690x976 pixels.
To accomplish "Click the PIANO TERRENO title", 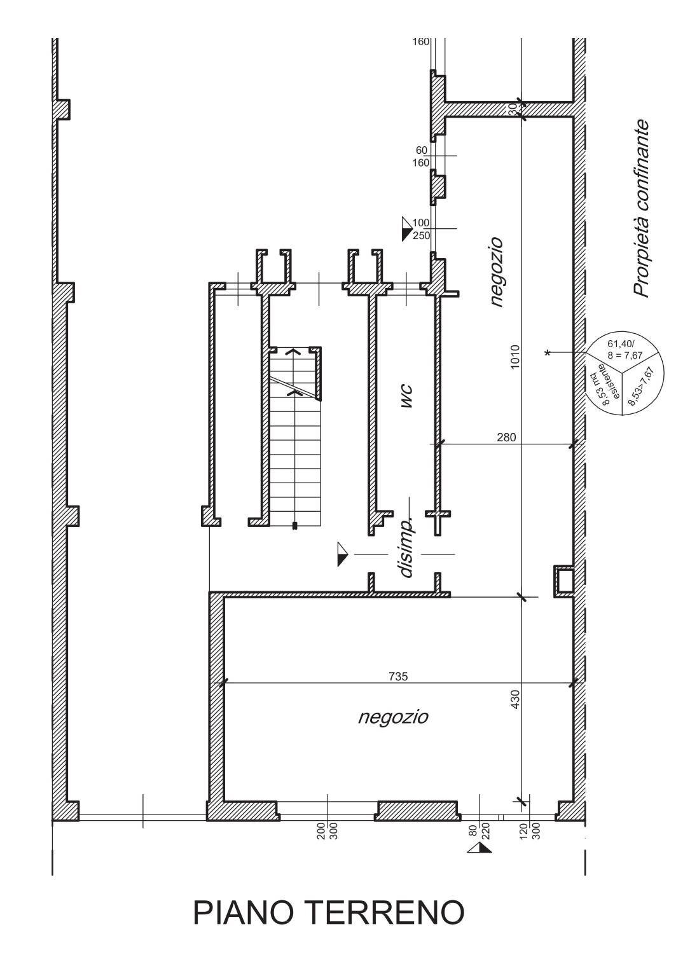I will (x=328, y=912).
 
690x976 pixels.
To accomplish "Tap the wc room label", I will (x=407, y=395).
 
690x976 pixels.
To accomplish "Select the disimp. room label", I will (x=407, y=546).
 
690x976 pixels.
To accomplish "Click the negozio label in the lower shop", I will (x=393, y=717).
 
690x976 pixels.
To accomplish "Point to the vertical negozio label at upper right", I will (x=496, y=272).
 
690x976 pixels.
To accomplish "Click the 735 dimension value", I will (x=398, y=677).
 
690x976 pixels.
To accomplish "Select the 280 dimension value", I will (x=506, y=437).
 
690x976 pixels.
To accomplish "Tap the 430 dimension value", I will (x=515, y=699).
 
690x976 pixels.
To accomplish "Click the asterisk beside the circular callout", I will (x=548, y=353).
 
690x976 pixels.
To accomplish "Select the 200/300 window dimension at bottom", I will (x=327, y=830).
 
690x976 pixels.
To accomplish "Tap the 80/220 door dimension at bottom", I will (x=479, y=830).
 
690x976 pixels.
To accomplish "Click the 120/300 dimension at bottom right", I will (x=530, y=830).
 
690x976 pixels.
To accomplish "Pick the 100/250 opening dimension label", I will (x=421, y=229).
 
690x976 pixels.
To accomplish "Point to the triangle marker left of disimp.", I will (x=343, y=554).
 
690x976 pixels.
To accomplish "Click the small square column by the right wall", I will (x=563, y=581).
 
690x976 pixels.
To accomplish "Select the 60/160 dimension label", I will (x=422, y=156).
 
